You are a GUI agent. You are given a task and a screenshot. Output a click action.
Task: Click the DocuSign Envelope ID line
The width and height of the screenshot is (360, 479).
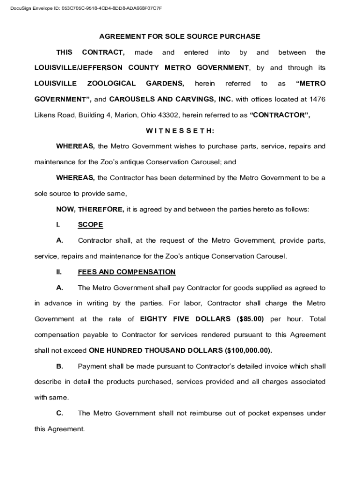[87, 8]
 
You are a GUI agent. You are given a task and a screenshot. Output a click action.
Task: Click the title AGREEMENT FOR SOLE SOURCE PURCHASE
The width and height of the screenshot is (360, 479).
[180, 36]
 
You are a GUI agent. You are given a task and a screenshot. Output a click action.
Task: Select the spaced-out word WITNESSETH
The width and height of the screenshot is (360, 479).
[180, 131]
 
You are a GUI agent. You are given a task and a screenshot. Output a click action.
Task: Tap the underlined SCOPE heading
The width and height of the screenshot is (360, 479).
[90, 225]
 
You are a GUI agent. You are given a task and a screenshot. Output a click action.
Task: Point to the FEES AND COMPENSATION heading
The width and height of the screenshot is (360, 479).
[127, 272]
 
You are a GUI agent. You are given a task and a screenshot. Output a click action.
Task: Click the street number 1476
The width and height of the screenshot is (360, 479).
[317, 99]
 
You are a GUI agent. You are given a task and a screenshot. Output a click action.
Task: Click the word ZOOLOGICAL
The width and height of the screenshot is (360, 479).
[111, 84]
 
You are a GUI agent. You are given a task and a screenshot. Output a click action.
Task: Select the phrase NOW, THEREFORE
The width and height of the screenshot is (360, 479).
[90, 209]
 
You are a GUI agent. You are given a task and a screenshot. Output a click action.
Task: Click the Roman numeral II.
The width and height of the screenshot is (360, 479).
[59, 272]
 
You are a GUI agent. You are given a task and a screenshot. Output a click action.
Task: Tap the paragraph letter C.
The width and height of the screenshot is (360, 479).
[59, 413]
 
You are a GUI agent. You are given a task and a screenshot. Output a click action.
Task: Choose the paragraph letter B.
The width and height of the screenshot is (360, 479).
[59, 366]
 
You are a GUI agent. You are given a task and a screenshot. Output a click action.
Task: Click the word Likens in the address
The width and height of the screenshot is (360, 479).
[44, 115]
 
